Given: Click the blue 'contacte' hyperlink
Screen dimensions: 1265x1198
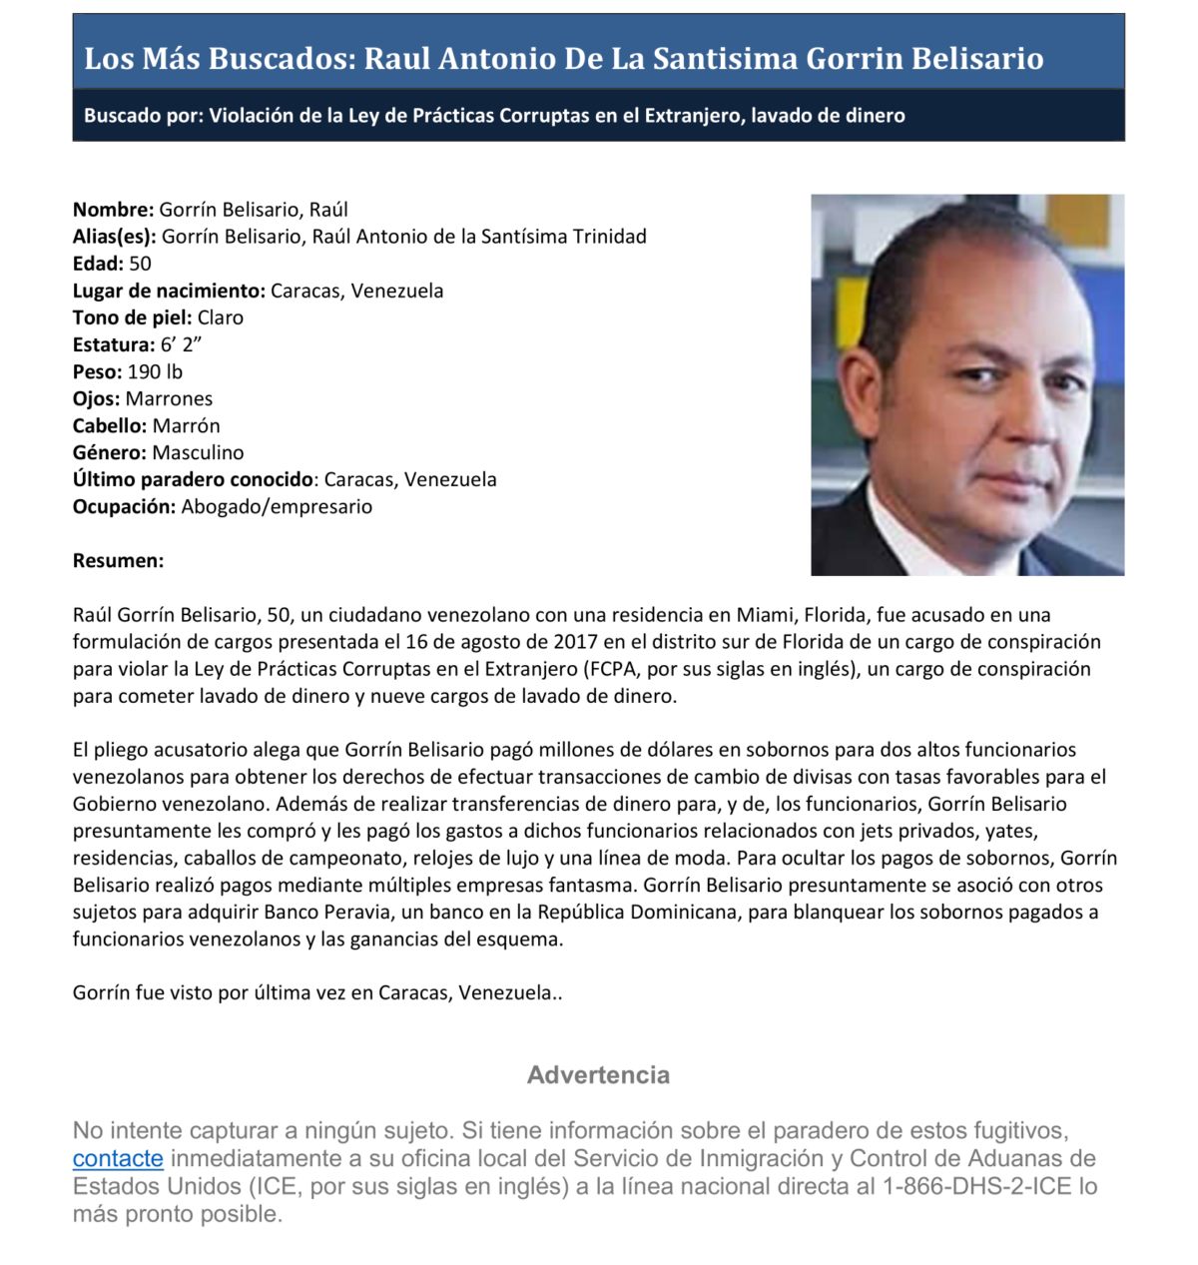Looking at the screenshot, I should click(118, 1158).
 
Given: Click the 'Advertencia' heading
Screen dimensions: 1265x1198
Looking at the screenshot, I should click(598, 1075).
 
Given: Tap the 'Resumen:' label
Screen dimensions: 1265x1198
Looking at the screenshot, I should click(118, 560).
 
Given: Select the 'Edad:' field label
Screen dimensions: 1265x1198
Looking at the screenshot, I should click(98, 264).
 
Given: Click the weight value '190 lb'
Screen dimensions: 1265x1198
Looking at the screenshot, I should click(155, 371).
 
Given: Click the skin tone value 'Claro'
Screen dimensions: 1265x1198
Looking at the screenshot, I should click(221, 317).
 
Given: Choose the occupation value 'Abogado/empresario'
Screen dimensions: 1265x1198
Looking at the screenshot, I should click(277, 506).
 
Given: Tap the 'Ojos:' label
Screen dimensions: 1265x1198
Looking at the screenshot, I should click(96, 398).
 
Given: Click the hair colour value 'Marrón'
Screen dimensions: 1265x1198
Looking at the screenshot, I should click(186, 425).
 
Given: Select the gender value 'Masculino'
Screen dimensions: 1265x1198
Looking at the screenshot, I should click(198, 452).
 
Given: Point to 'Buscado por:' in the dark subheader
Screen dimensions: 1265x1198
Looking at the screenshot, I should click(143, 115).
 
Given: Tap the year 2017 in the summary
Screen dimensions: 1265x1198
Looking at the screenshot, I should click(574, 642).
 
